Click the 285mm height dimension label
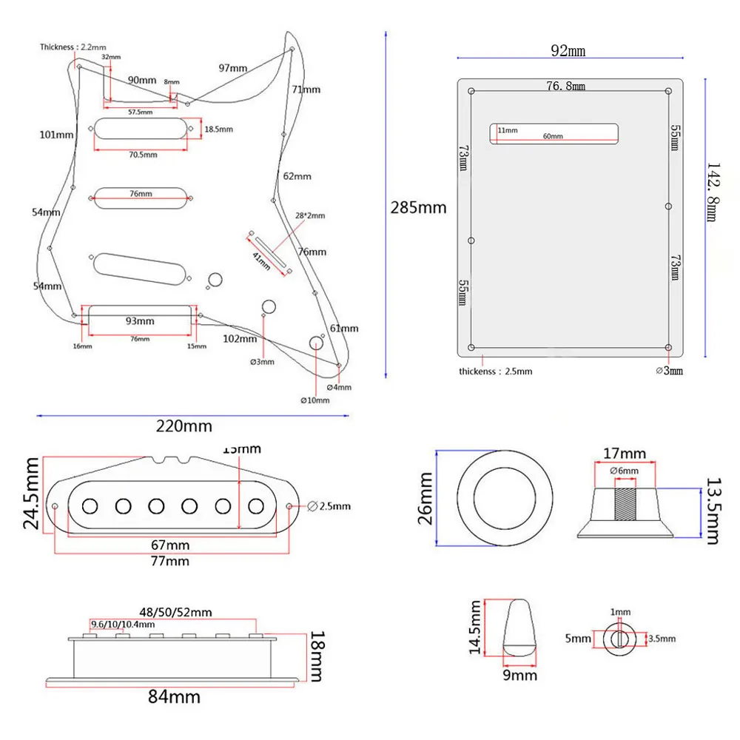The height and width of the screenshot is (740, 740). click(418, 207)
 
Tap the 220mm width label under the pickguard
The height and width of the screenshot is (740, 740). click(184, 426)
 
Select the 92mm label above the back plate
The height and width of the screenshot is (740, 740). click(568, 51)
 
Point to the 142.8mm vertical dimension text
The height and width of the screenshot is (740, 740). click(711, 192)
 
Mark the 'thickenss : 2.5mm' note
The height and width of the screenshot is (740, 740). click(495, 371)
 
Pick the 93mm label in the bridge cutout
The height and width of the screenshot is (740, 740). click(139, 321)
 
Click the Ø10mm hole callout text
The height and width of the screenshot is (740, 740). click(314, 400)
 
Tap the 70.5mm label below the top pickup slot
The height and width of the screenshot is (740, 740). click(143, 155)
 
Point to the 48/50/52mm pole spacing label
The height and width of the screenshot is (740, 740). click(175, 612)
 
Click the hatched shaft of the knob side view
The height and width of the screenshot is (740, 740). click(625, 503)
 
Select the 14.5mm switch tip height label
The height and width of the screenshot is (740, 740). click(474, 628)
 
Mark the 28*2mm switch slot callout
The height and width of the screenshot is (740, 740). click(310, 215)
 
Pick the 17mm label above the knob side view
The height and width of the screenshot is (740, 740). click(625, 453)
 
